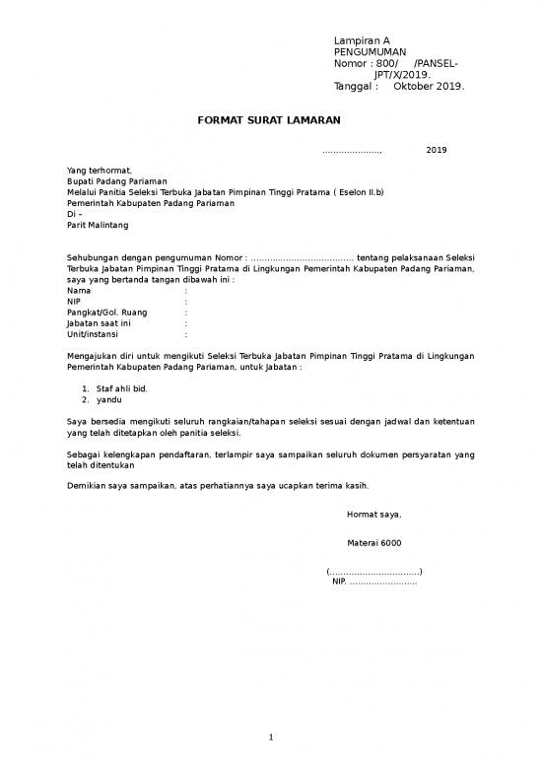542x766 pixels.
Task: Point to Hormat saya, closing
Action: pos(373,514)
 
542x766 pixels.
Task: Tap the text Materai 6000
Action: pos(373,543)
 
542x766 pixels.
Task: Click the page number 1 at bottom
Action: pos(271,738)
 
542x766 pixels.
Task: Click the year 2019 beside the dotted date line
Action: pos(436,150)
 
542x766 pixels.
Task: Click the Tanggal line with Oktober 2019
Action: pos(399,86)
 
